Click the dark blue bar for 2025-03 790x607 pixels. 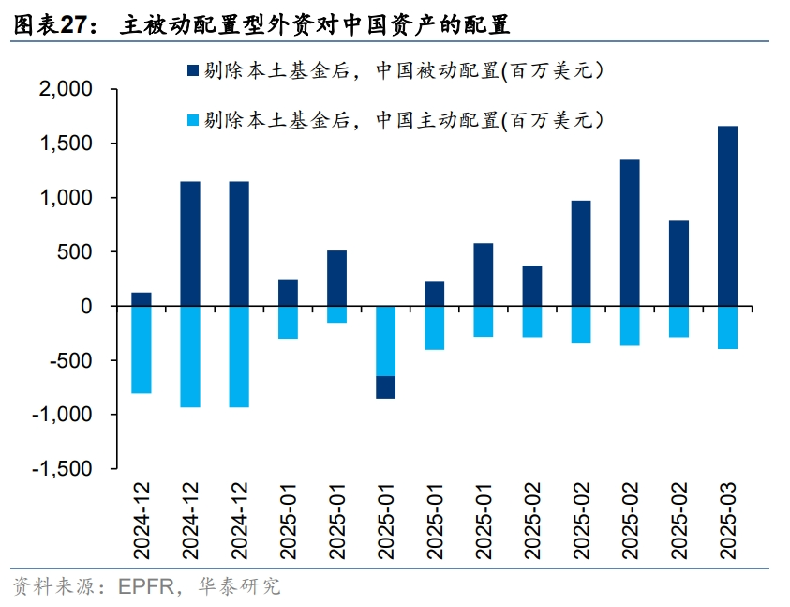tap(727, 216)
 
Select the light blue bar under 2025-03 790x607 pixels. tap(727, 327)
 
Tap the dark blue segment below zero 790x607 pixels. tap(385, 387)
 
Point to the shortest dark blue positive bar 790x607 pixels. tap(141, 299)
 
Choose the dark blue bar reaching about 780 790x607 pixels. tap(678, 264)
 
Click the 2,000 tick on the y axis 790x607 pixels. tap(67, 90)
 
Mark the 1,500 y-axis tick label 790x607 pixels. tap(67, 144)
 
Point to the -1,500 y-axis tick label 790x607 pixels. tap(63, 469)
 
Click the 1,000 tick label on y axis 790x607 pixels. tap(67, 198)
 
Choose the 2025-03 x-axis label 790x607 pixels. tap(727, 521)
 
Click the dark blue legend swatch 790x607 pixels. tap(193, 70)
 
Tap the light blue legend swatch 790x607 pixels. tap(193, 120)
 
